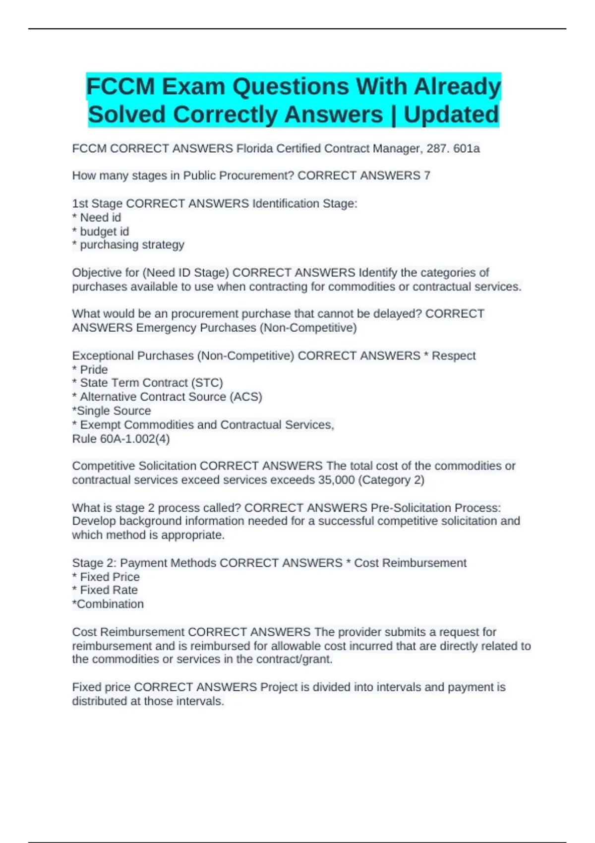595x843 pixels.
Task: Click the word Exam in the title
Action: pyautogui.click(x=190, y=87)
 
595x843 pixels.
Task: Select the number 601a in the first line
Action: pyautogui.click(x=466, y=149)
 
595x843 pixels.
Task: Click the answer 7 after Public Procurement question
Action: pyautogui.click(x=427, y=176)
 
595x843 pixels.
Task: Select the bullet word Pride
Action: pyautogui.click(x=94, y=370)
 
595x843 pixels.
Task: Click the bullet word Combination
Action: pyautogui.click(x=110, y=604)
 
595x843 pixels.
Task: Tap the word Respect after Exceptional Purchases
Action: pyautogui.click(x=453, y=356)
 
